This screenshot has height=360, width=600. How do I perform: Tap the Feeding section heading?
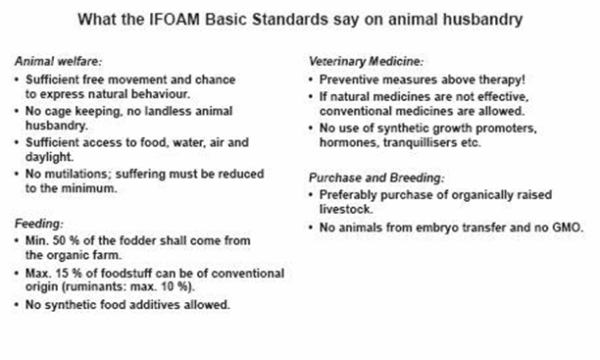[38, 224]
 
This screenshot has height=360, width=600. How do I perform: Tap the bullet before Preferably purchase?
[311, 194]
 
